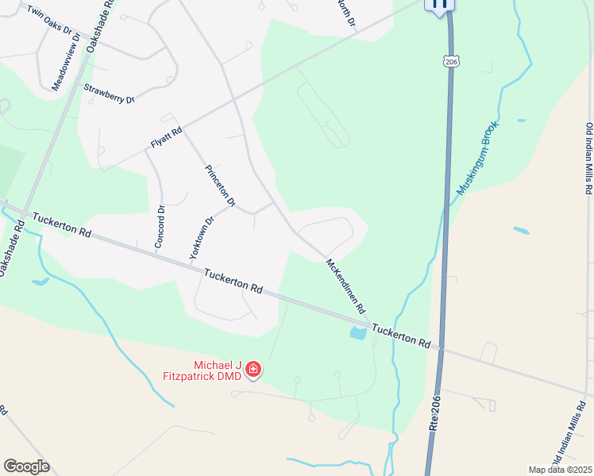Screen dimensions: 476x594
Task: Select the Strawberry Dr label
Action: click(110, 94)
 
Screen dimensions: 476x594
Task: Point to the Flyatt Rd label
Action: click(167, 137)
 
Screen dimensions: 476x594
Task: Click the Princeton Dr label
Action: click(220, 186)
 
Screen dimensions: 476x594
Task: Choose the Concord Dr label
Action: click(160, 227)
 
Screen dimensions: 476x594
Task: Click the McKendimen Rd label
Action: click(346, 285)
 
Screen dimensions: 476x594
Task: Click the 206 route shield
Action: click(451, 61)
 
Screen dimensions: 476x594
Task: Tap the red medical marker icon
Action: click(253, 369)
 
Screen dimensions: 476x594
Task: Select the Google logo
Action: click(26, 466)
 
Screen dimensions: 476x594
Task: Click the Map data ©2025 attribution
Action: click(560, 470)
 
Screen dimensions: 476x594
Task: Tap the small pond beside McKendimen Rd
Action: click(357, 334)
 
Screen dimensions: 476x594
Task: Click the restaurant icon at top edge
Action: click(440, 5)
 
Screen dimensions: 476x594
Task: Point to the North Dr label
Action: click(345, 14)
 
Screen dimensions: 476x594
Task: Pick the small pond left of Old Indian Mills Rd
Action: click(521, 231)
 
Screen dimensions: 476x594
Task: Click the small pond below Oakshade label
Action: click(40, 281)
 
